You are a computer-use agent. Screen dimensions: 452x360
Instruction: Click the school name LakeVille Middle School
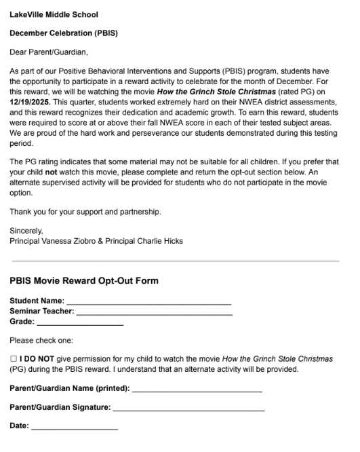pyautogui.click(x=54, y=14)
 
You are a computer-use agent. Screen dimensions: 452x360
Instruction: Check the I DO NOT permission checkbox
pyautogui.click(x=14, y=358)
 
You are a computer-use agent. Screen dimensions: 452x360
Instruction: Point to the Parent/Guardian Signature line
pyautogui.click(x=188, y=410)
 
